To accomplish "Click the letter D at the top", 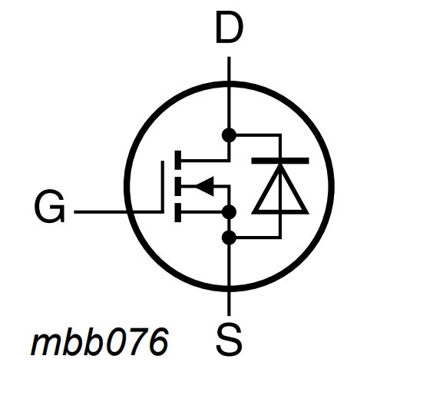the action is (230, 27).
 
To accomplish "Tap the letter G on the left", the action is (50, 206).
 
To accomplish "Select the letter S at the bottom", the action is (229, 340).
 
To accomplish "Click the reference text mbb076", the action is (100, 341).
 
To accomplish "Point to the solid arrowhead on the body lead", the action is (204, 186).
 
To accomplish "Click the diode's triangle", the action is (280, 189).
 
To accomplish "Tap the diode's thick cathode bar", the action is (280, 161).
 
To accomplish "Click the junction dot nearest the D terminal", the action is (229, 135).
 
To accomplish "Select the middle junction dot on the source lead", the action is (229, 211).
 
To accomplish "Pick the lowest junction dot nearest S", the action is (229, 238).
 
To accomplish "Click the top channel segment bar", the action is (178, 160).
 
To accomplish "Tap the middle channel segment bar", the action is (178, 186).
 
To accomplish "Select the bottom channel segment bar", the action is (178, 213).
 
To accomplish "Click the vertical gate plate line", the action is (163, 186).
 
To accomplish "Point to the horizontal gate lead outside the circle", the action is (100, 212).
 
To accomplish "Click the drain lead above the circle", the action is (229, 69).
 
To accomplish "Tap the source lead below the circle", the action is (229, 304).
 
